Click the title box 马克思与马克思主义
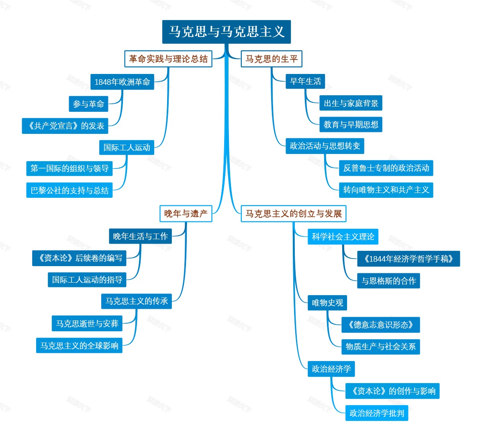pos(227,32)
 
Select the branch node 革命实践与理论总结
pos(168,59)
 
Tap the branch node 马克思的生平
pos(272,59)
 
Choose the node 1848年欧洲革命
pos(122,82)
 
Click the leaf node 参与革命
pos(89,104)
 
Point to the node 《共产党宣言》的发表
pos(65,126)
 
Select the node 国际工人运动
pos(127,148)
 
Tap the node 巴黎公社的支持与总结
pos(69,190)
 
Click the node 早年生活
pos(305,82)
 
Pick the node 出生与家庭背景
pos(351,103)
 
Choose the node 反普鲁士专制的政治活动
pos(386,168)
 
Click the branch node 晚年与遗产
pos(186,213)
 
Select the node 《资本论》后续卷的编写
pos(80,258)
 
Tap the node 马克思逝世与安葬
pos(87,324)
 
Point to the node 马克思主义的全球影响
pos(80,345)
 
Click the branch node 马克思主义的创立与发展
pos(294,213)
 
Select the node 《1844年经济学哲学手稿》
pos(408,259)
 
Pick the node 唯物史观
pos(327,303)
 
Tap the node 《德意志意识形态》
pos(381,325)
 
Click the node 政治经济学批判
pos(377,413)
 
